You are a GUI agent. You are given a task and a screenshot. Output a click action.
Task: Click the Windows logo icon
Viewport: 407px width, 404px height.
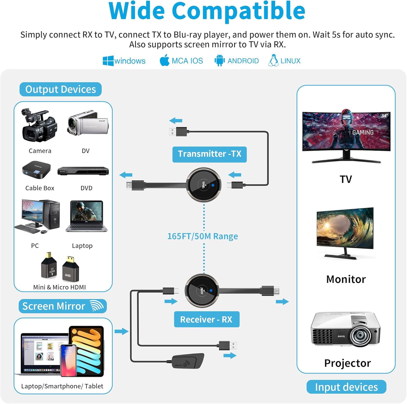(108, 61)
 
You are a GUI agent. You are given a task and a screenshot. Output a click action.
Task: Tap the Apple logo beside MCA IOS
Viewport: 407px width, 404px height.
(164, 60)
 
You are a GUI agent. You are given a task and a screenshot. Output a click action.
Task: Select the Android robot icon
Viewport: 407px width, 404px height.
(219, 60)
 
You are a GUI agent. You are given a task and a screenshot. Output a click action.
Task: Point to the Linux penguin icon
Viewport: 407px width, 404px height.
(273, 60)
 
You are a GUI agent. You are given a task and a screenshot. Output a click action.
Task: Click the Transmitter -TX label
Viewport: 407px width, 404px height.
(209, 154)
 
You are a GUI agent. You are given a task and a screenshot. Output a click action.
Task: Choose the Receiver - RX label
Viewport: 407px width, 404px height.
(206, 319)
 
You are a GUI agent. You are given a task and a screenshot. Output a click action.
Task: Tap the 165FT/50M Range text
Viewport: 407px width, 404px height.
(202, 236)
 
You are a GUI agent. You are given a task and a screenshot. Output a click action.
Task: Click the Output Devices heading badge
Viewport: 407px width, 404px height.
(61, 89)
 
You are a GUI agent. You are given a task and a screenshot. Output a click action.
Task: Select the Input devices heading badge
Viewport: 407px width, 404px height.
(346, 387)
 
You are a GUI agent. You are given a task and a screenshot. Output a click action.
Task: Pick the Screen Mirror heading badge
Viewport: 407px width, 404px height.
(62, 306)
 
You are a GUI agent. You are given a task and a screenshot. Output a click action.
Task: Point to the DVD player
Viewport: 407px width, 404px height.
(83, 171)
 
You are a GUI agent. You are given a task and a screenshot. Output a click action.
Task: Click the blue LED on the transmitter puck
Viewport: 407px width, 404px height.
(213, 185)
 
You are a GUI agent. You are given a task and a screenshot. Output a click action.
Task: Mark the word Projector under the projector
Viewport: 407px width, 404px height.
(347, 363)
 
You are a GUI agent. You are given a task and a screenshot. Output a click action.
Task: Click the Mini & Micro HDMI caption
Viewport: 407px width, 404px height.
(59, 287)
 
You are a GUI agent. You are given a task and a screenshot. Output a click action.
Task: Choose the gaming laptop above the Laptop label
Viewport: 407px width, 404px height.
(87, 216)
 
